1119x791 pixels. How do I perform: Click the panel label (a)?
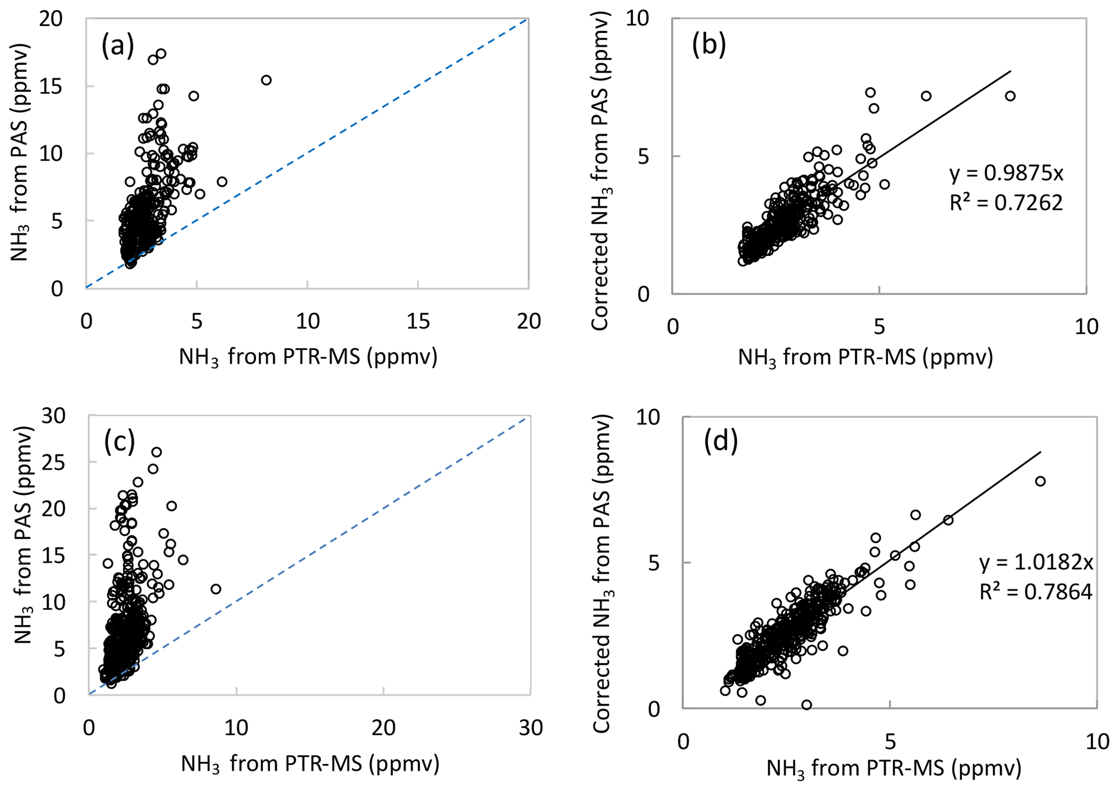[x=117, y=47]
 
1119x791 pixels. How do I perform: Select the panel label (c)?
[x=119, y=442]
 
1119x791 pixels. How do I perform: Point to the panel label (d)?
[x=721, y=441]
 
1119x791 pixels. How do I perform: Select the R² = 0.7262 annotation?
[x=1006, y=202]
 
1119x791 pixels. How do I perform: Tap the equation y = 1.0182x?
[x=1036, y=563]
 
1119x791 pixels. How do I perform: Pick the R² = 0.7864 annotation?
[x=1036, y=592]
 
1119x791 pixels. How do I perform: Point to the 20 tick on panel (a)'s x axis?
[x=528, y=321]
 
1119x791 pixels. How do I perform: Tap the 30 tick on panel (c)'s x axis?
[x=531, y=728]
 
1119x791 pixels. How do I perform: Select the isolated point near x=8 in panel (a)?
[x=266, y=80]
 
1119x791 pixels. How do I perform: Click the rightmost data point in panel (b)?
[x=1010, y=96]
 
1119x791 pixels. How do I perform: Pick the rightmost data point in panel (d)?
[x=1039, y=482]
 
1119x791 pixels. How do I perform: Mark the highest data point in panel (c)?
[x=156, y=452]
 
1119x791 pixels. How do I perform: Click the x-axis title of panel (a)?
[x=307, y=357]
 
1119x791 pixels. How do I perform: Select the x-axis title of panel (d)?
[x=893, y=768]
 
